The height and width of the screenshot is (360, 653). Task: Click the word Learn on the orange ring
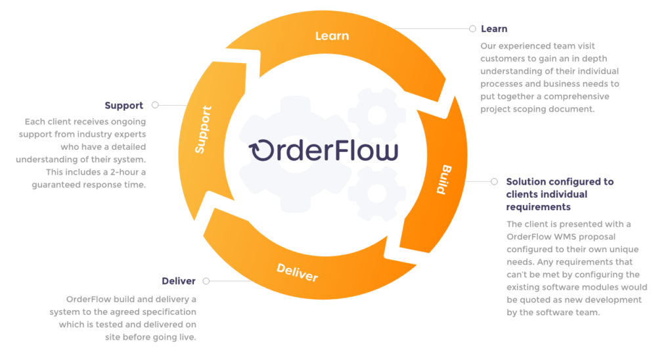pyautogui.click(x=332, y=35)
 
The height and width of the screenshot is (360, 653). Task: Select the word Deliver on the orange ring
pyautogui.click(x=297, y=271)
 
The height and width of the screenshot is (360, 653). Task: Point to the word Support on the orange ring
pyautogui.click(x=204, y=129)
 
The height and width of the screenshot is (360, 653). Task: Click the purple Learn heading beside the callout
pyautogui.click(x=494, y=29)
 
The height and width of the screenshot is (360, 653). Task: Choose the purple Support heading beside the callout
pyautogui.click(x=124, y=105)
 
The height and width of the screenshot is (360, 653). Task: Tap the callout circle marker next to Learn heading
pyautogui.click(x=472, y=29)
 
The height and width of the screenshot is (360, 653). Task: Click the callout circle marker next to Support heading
pyautogui.click(x=155, y=104)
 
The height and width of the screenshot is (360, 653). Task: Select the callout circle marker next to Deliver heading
pyautogui.click(x=206, y=281)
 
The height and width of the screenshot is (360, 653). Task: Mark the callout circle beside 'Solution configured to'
pyautogui.click(x=493, y=181)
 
